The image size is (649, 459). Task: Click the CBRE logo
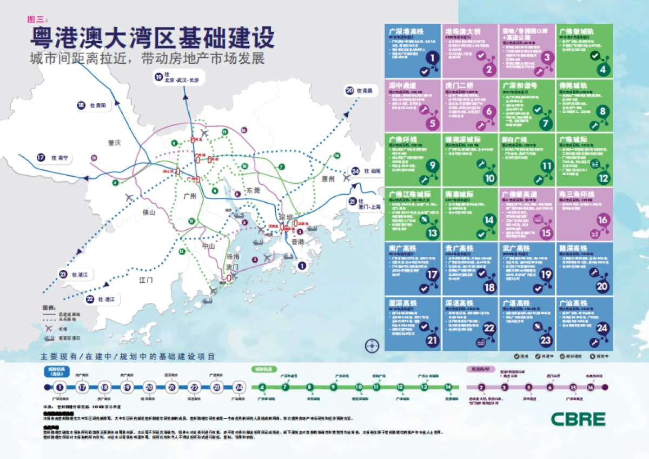[578, 418]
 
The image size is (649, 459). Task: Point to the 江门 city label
[146, 280]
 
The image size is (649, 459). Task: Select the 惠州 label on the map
[328, 178]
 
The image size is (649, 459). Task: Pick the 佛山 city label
[148, 212]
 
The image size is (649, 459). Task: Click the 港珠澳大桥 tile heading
[463, 32]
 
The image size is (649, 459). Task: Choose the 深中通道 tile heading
[402, 85]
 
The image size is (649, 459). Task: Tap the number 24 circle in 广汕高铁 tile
[601, 328]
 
